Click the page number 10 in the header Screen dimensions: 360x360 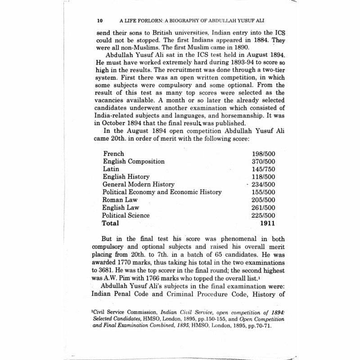coord(100,21)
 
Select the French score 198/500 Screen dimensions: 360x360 coord(264,153)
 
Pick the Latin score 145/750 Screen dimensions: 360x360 coord(264,169)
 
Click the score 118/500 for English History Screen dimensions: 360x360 coord(264,176)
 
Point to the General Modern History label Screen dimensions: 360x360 coord(139,184)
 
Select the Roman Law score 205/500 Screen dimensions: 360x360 coord(264,200)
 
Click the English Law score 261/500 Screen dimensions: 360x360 coord(264,207)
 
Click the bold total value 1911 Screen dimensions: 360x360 coord(267,223)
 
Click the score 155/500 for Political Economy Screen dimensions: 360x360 coord(264,192)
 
